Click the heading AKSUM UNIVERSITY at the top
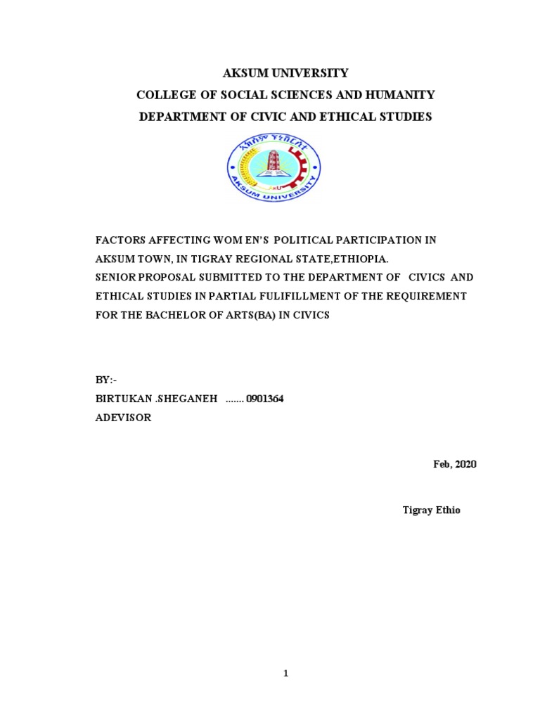click(285, 73)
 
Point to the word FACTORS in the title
click(119, 240)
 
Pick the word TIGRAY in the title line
click(216, 259)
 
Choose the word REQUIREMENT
click(427, 296)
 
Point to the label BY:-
click(105, 380)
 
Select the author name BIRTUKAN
click(120, 399)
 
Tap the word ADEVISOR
click(123, 418)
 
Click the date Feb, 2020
click(454, 465)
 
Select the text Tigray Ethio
click(431, 510)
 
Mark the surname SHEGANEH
click(184, 399)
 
